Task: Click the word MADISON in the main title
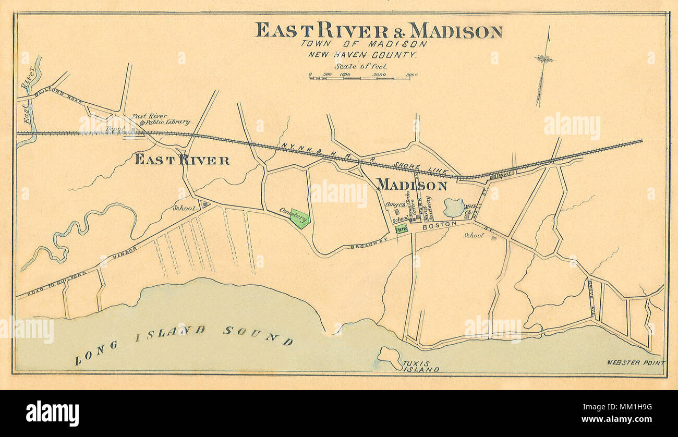pos(455,31)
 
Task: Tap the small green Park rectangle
pos(401,228)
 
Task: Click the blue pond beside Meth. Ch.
pos(454,208)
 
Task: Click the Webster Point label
pos(636,362)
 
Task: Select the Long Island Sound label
pos(183,342)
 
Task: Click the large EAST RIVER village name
pos(182,160)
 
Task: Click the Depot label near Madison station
pos(504,176)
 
